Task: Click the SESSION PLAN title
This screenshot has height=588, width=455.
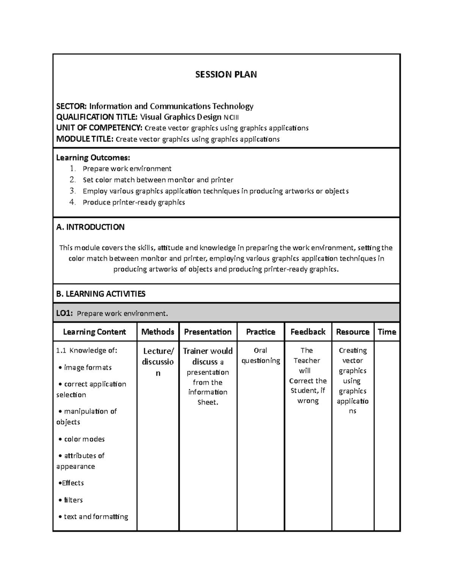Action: click(x=226, y=74)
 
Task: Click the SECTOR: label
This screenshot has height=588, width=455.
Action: click(x=72, y=106)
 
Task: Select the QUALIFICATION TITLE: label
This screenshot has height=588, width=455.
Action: click(x=97, y=117)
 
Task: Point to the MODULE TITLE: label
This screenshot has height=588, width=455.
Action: click(x=85, y=139)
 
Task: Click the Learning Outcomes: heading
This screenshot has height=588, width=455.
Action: click(x=93, y=158)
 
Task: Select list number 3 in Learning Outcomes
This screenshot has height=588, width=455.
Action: click(x=72, y=191)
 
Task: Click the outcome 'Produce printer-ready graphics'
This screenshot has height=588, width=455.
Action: click(x=133, y=203)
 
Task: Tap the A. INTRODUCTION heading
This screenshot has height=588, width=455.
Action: click(x=90, y=227)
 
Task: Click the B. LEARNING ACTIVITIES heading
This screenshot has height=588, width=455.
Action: click(x=100, y=294)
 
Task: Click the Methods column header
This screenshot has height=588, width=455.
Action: click(x=158, y=332)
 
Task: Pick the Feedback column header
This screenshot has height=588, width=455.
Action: click(x=308, y=332)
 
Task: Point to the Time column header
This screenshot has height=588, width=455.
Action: click(x=387, y=332)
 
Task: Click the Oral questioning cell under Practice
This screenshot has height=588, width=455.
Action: click(x=260, y=356)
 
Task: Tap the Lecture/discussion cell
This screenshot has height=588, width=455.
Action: click(x=158, y=362)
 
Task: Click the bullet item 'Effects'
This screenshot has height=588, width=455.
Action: click(x=72, y=483)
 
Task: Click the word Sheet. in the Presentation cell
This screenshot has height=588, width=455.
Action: click(x=208, y=402)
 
